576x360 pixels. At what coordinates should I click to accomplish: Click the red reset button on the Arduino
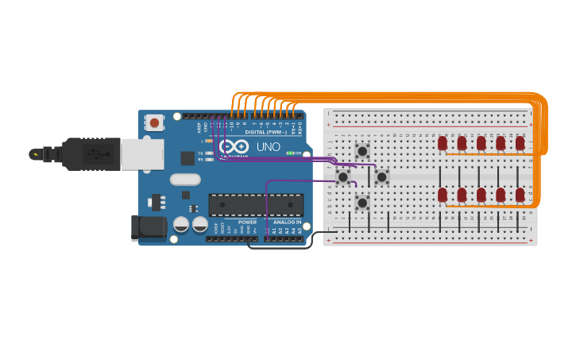tap(154, 123)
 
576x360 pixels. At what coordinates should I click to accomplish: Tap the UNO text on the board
tap(268, 147)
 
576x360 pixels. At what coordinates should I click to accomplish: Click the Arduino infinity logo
tap(234, 147)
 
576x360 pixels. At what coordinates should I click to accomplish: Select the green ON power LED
tap(290, 153)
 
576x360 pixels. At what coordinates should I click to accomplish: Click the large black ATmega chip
tap(256, 204)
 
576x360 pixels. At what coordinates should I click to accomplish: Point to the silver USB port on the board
tap(141, 153)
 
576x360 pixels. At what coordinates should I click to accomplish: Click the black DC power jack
tap(149, 228)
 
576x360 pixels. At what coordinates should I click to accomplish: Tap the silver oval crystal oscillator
tap(184, 180)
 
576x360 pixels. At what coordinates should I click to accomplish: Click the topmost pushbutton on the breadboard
tap(362, 151)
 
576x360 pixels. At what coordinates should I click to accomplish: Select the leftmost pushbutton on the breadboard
tap(343, 176)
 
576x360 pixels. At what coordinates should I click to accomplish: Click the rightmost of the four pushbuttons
tap(382, 176)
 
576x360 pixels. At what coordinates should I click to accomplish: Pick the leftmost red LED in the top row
tap(443, 143)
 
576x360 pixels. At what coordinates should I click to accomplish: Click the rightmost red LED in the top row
tap(520, 143)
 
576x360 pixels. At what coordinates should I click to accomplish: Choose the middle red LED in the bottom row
tap(481, 195)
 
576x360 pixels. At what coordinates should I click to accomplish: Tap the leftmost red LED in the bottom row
tap(443, 195)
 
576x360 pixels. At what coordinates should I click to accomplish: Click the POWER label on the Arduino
tap(247, 222)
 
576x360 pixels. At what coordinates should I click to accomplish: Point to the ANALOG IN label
tap(287, 222)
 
